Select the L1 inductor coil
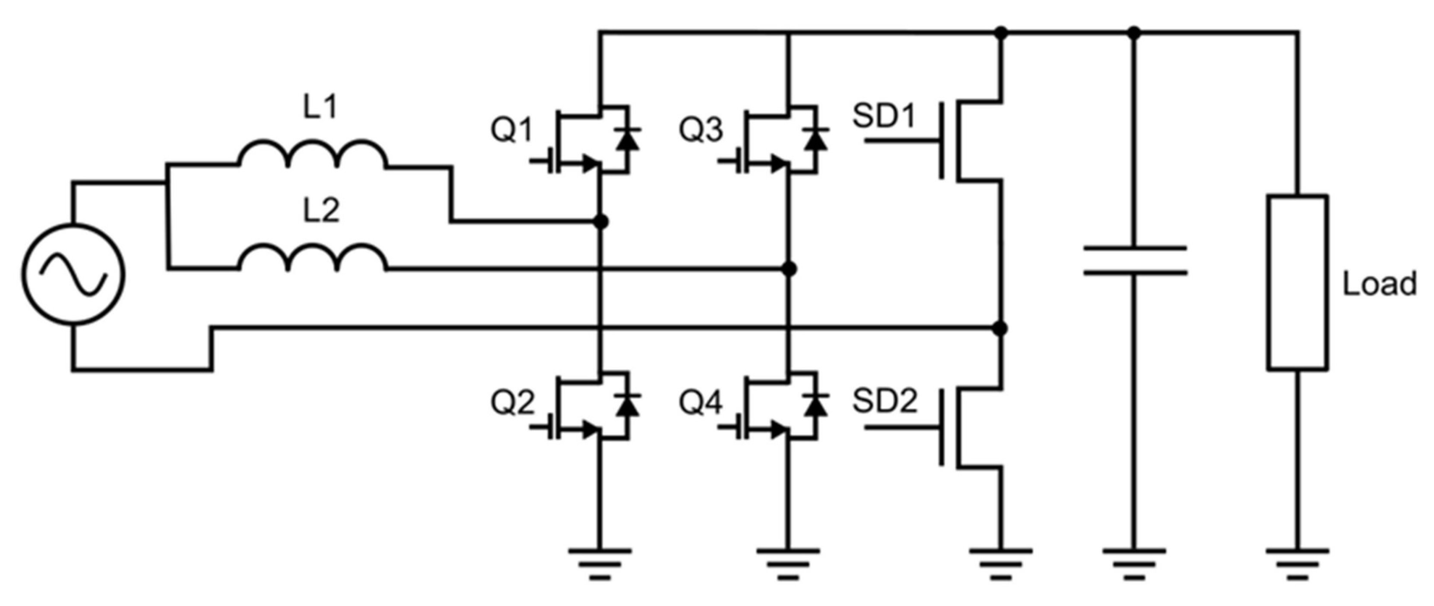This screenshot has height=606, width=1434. pyautogui.click(x=312, y=156)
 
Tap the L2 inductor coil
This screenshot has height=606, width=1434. pyautogui.click(x=312, y=259)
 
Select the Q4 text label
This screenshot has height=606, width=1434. pyautogui.click(x=700, y=402)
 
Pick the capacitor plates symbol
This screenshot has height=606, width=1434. pyautogui.click(x=1135, y=260)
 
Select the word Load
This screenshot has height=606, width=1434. pyautogui.click(x=1380, y=284)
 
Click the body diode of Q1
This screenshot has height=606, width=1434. pyautogui.click(x=627, y=139)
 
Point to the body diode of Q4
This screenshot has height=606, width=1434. pyautogui.click(x=816, y=406)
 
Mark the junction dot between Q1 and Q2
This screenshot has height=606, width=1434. pyautogui.click(x=600, y=222)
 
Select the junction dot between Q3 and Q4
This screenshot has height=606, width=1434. pyautogui.click(x=789, y=269)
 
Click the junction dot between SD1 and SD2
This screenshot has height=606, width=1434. pyautogui.click(x=1000, y=329)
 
